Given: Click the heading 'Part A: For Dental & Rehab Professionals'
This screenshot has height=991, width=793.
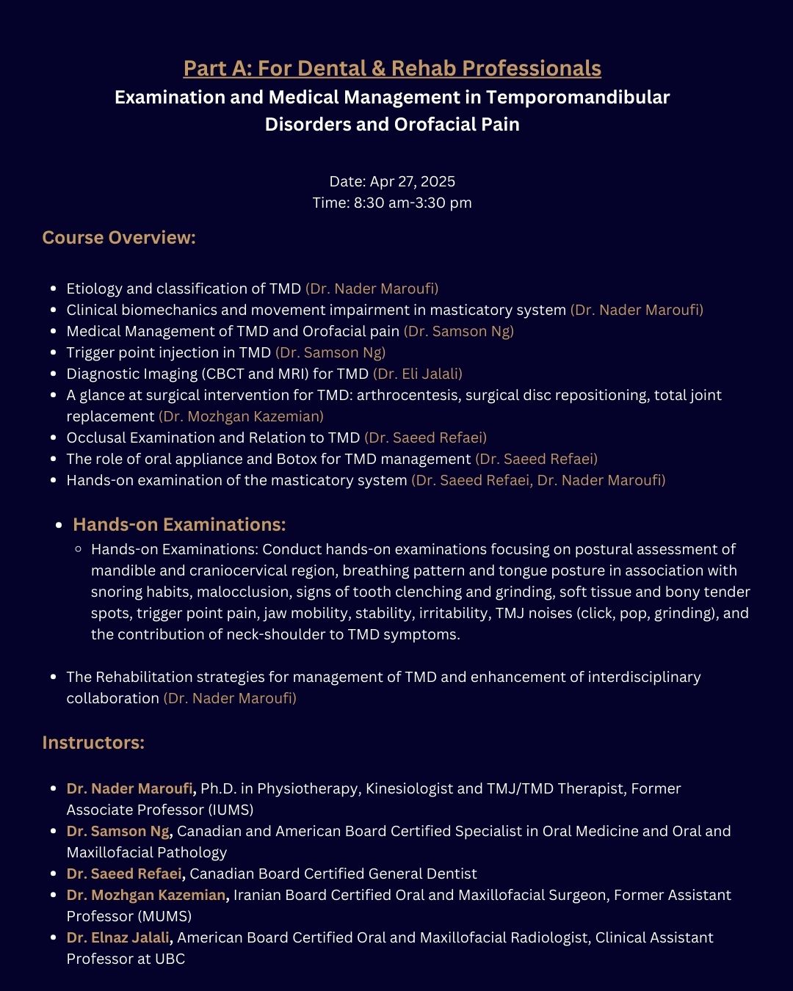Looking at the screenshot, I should coord(392,68).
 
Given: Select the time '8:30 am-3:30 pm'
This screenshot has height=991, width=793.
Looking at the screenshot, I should coord(413,203).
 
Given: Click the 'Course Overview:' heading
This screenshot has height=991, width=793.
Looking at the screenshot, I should coord(119,238).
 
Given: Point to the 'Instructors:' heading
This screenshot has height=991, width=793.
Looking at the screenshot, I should coord(93,743).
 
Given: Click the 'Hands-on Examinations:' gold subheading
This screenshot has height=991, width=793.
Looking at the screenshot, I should coord(179,525).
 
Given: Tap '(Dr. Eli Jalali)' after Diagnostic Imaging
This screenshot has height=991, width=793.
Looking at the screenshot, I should coord(418,374).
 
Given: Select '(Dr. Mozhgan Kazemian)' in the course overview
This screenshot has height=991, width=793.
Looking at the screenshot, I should coord(241,416).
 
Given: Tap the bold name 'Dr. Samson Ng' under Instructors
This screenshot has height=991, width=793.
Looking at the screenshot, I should coord(118,831).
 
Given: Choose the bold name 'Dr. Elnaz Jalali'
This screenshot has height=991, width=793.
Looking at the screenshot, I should coord(118,937).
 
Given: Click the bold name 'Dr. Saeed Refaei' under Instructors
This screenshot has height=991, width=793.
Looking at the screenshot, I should coord(124,874).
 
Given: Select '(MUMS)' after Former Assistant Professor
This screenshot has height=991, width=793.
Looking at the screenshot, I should coord(164,916).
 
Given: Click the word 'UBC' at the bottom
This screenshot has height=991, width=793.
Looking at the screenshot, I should coord(170,959).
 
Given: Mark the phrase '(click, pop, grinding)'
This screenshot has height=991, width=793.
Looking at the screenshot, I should coord(641,613).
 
